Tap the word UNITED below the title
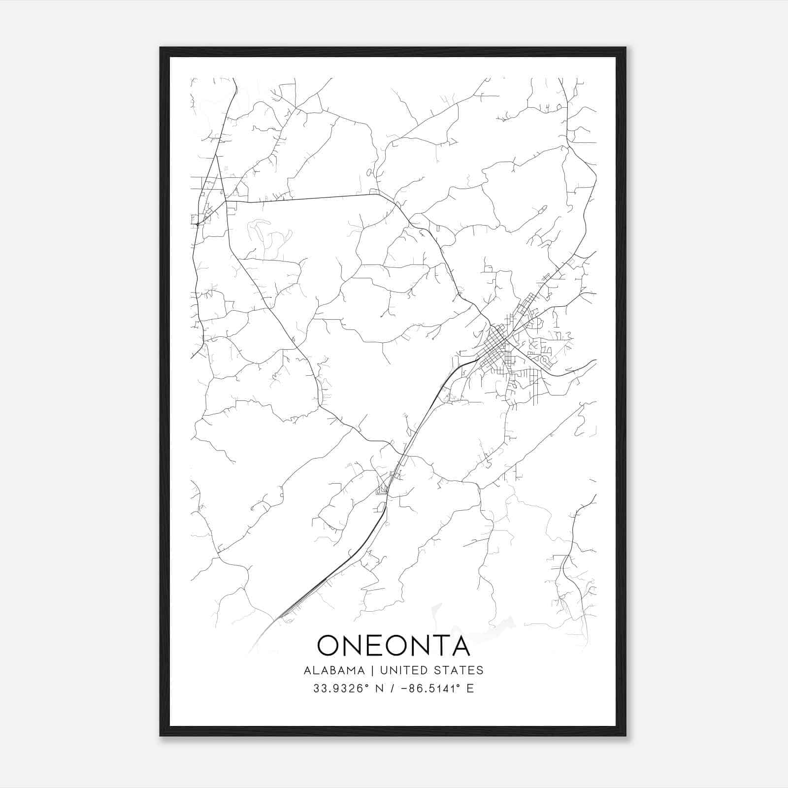coord(398,670)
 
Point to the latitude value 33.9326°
coord(340,689)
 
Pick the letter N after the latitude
coord(379,689)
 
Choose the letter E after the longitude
coord(470,689)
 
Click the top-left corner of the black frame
coord(161,48)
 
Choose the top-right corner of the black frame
coord(625,48)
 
